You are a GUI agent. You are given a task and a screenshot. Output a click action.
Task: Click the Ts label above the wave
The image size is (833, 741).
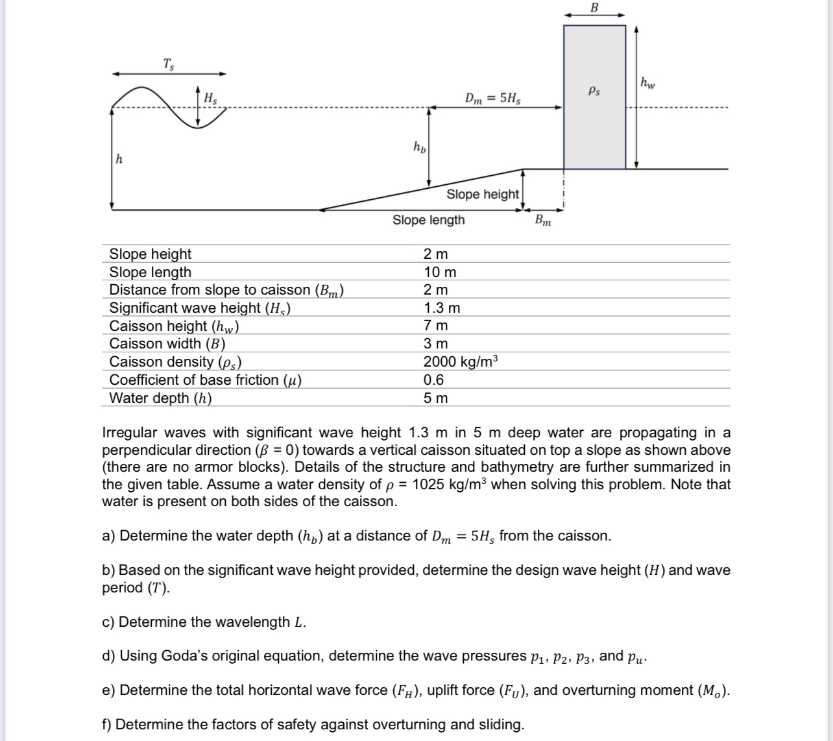(x=168, y=64)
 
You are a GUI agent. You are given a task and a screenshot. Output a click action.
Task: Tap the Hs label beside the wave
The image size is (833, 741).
(x=210, y=99)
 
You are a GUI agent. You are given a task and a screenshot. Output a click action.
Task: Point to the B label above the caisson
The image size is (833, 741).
(x=594, y=7)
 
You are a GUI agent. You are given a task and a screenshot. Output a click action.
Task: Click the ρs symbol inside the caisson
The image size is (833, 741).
(x=594, y=91)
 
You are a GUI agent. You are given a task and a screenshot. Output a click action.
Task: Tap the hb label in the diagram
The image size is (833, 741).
(x=419, y=147)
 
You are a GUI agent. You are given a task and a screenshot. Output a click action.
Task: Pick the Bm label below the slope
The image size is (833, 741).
(x=543, y=221)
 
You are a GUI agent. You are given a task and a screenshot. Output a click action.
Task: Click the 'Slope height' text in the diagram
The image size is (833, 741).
(x=482, y=194)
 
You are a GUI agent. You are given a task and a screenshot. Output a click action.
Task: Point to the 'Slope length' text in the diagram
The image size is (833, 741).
(x=428, y=220)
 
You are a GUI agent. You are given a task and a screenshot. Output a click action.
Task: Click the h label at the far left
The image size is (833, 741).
(x=119, y=158)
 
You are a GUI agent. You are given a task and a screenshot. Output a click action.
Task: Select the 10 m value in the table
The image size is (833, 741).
(x=439, y=272)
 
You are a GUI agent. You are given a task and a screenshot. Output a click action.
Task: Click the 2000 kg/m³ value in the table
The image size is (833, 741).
(x=460, y=361)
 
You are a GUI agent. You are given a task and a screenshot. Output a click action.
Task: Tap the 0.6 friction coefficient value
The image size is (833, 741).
(x=433, y=380)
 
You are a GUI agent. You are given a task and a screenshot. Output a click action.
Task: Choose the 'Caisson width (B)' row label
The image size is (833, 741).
(x=167, y=343)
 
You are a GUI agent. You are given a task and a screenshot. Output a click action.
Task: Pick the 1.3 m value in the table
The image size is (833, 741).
(x=441, y=308)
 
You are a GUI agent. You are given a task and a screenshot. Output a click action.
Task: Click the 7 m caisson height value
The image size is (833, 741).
(x=435, y=326)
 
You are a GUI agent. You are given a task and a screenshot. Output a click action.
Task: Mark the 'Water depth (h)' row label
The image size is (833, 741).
(x=160, y=398)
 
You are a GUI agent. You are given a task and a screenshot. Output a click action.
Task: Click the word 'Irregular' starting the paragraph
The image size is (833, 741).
(x=130, y=432)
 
